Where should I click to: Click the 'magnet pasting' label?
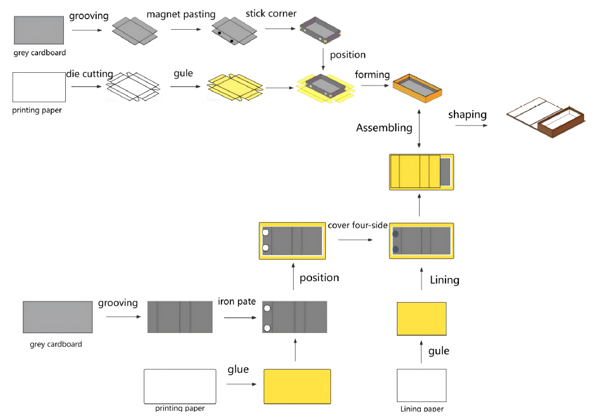181,15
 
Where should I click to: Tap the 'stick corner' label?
271,13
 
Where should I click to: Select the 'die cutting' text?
89,74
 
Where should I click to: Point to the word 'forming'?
372,75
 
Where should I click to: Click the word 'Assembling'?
384,128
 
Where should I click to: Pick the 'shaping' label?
468,115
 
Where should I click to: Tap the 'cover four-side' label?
358,225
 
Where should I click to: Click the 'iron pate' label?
237,301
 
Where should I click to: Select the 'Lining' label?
445,280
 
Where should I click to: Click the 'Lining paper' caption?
422,408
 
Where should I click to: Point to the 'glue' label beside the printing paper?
238,370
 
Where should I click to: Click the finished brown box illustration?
546,118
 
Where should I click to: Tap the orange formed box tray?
418,88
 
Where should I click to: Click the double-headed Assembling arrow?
419,129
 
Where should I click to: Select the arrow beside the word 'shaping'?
472,125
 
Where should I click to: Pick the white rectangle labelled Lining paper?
422,386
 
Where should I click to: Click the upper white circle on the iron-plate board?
267,308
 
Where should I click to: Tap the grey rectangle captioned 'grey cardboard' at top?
39,30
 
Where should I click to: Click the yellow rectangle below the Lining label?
422,318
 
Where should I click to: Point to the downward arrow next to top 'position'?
323,60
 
